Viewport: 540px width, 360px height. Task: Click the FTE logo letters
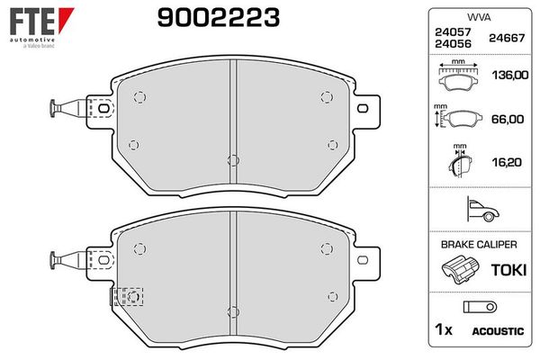point(32,22)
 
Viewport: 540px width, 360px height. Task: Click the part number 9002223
point(219,18)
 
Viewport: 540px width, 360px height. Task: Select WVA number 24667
point(507,38)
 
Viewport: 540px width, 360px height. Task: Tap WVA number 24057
point(453,32)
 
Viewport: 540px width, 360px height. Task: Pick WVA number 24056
point(453,44)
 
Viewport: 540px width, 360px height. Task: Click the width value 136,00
point(510,75)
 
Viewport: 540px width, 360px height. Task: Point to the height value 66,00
point(508,119)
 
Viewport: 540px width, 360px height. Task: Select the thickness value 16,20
point(507,162)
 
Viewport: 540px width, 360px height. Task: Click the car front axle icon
point(482,209)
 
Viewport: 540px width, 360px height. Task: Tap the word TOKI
point(508,270)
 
